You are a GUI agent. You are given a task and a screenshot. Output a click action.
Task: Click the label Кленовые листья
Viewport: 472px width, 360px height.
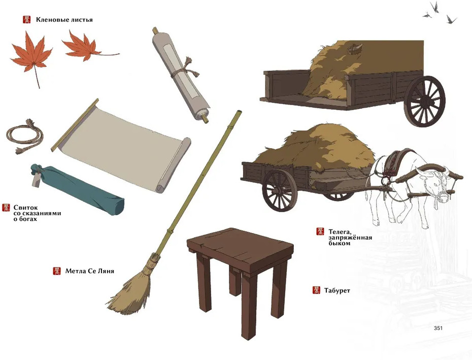pos(64,20)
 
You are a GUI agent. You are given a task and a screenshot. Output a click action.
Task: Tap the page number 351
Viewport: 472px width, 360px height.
pos(438,328)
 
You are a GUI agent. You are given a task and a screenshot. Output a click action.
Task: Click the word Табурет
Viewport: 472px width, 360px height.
pos(337,291)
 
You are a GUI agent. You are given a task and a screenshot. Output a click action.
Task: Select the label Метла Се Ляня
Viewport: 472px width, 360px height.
pos(90,271)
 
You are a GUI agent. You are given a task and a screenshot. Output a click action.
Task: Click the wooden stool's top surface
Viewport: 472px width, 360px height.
pos(241,246)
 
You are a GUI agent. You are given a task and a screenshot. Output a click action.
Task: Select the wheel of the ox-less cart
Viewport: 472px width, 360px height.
pos(424,101)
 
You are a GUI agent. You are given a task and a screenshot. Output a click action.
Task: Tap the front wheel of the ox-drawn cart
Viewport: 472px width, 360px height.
pos(280,191)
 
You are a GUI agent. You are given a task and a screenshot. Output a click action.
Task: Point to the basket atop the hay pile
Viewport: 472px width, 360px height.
pos(355,49)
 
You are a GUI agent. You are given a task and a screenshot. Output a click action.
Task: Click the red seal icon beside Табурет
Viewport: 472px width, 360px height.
pos(316,290)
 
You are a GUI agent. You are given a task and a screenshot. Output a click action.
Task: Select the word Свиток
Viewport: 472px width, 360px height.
pos(26,208)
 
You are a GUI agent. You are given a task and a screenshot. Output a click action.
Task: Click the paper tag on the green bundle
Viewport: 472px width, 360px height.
pos(37,180)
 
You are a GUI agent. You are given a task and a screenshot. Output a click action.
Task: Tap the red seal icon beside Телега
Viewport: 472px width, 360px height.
pos(320,232)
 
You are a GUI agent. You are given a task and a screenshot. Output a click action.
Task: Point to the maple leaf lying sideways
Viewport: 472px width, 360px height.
pos(84,47)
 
